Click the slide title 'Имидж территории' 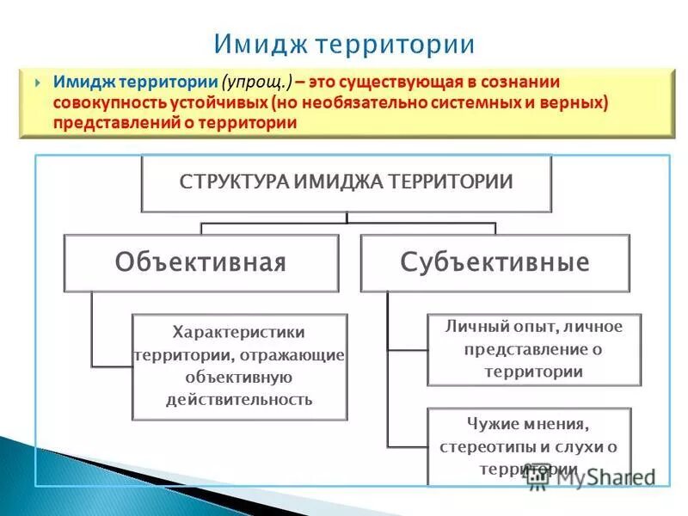[x=343, y=44]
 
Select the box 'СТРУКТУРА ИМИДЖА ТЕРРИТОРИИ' [x=346, y=182]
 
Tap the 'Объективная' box [x=200, y=262]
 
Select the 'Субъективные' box [x=494, y=262]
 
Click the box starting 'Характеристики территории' [x=239, y=365]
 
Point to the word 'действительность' [x=239, y=400]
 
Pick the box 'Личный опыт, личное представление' [x=534, y=349]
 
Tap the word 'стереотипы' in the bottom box [x=486, y=447]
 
